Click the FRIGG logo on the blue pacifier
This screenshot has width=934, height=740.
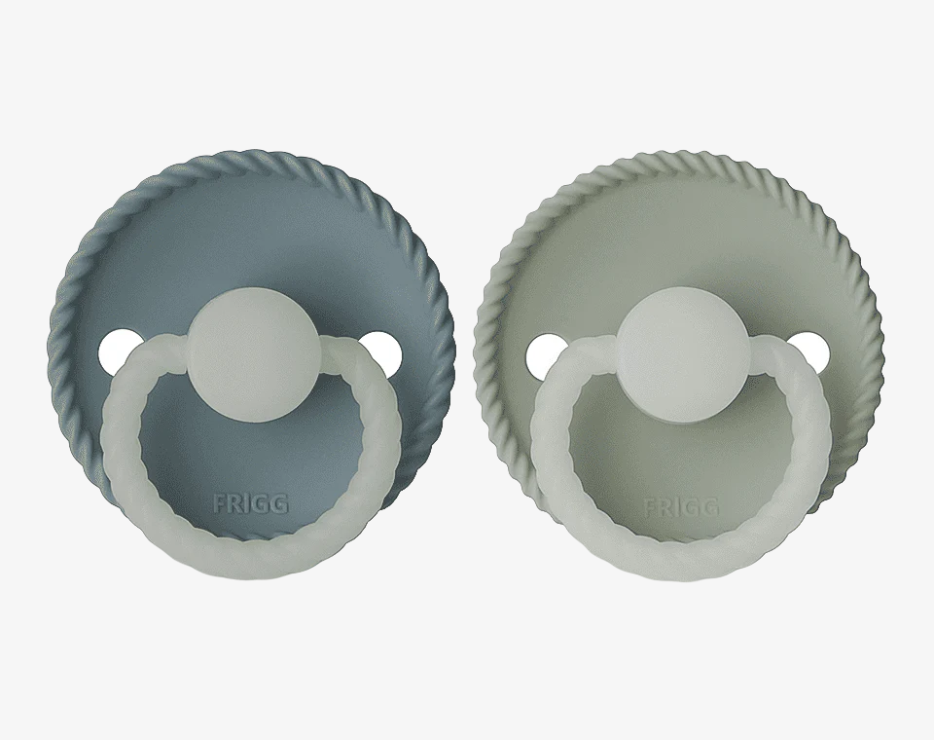[251, 504]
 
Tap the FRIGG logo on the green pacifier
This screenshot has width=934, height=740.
[681, 507]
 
